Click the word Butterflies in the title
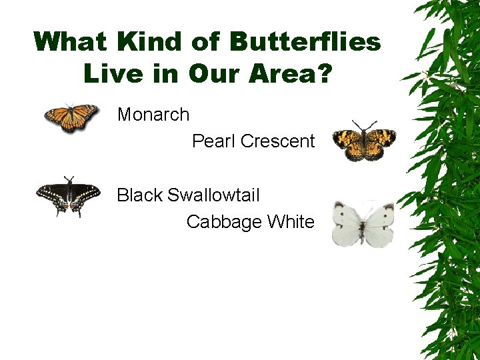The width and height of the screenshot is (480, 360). click(305, 43)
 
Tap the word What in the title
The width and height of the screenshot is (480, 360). click(71, 43)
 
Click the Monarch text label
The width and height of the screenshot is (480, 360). click(153, 115)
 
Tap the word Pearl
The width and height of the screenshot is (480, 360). click(213, 141)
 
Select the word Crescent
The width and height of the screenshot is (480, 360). click(277, 141)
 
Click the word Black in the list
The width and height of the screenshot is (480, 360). click(139, 195)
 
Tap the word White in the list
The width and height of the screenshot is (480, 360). click(291, 222)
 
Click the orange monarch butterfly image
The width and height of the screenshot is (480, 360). click(71, 118)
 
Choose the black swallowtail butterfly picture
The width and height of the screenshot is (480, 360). click(69, 196)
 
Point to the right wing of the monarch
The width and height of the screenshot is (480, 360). click(84, 116)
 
